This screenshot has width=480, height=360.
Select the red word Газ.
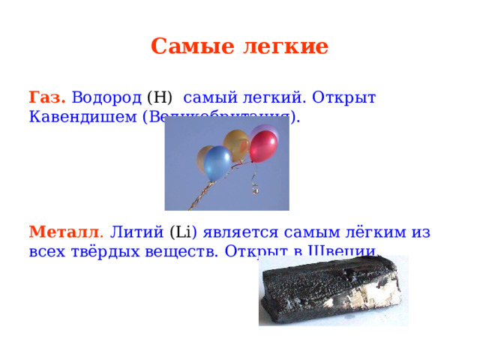(x=47, y=97)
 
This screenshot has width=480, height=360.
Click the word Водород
(x=106, y=97)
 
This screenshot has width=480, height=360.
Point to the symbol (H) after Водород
(x=160, y=97)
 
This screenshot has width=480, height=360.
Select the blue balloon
(x=217, y=162)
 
